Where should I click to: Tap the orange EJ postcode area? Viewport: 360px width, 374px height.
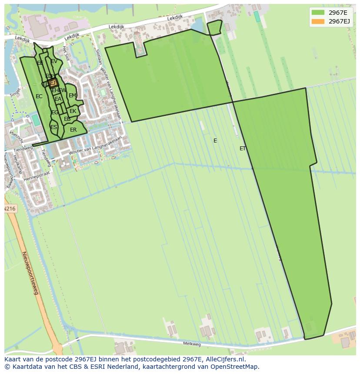pos(53,83)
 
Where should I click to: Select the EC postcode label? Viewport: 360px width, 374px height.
pos(39,96)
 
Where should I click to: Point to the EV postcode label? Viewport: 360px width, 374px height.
pos(54,62)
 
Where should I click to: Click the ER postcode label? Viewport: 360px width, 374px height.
pos(73,130)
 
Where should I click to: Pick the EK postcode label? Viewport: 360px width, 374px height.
pos(73,112)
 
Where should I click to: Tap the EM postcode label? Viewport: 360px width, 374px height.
pos(72,96)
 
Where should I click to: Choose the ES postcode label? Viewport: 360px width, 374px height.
pos(53,127)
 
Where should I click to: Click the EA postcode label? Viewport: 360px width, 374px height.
pos(58,99)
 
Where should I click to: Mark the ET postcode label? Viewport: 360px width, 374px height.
pos(243,149)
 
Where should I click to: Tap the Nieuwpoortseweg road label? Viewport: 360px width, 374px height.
pos(30,273)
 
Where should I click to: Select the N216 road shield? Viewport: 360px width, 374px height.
pos(10,209)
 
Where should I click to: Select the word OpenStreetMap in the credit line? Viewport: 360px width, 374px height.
pos(234,367)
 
